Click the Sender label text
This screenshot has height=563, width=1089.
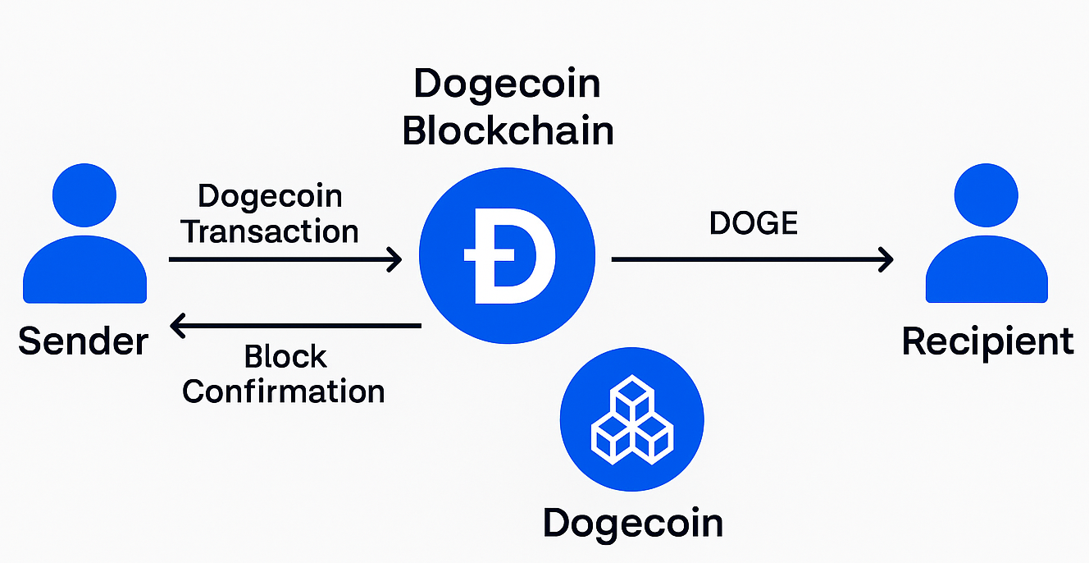click(x=84, y=341)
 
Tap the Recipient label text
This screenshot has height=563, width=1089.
click(x=987, y=341)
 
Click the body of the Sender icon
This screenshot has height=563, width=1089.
click(x=84, y=271)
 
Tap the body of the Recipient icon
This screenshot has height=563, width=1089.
click(x=986, y=271)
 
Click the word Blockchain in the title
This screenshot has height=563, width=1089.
click(x=508, y=131)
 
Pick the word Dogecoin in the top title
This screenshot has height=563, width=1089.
click(x=508, y=85)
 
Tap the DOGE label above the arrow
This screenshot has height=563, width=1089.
click(x=754, y=223)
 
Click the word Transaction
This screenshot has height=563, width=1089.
click(x=271, y=231)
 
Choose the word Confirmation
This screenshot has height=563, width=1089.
click(x=284, y=391)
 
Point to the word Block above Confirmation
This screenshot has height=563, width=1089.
click(x=285, y=357)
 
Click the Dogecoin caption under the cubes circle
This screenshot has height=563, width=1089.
click(x=632, y=523)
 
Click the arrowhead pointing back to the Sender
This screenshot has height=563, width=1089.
click(x=179, y=327)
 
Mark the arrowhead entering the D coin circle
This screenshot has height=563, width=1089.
click(x=394, y=260)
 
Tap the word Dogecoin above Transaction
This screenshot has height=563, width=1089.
click(x=271, y=197)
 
